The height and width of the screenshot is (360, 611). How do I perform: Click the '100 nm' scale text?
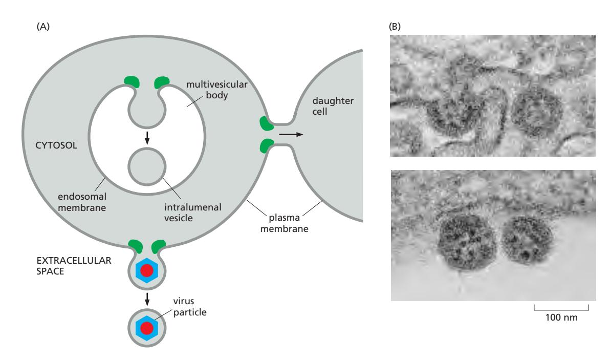pyautogui.click(x=561, y=317)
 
